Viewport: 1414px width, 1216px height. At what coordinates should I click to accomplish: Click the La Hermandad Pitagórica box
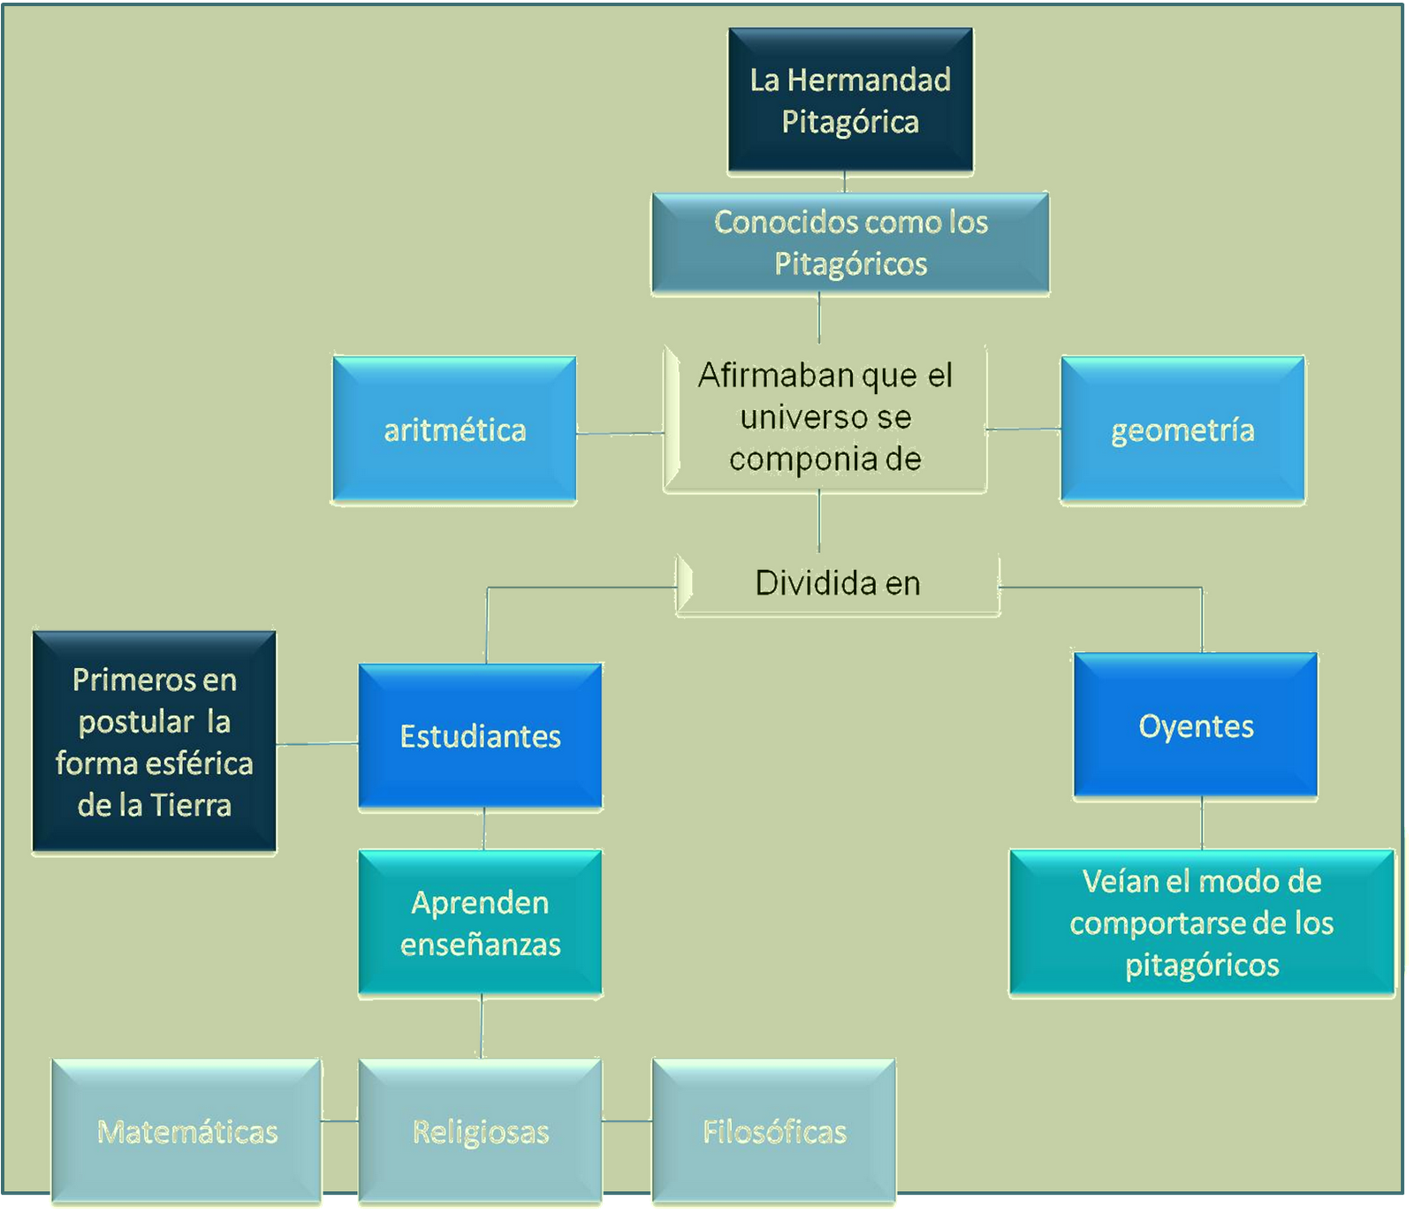pyautogui.click(x=850, y=100)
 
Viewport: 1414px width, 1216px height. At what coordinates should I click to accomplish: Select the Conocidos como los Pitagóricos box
pyautogui.click(x=850, y=243)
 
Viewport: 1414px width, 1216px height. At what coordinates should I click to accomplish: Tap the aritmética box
pyautogui.click(x=454, y=430)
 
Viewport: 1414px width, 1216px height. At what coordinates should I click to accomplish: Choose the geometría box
pyautogui.click(x=1182, y=430)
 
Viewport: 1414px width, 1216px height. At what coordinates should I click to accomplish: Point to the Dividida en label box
pyautogui.click(x=838, y=584)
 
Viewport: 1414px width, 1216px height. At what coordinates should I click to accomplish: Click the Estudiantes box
pyautogui.click(x=480, y=736)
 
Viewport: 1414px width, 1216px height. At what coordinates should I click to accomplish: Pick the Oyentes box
pyautogui.click(x=1196, y=726)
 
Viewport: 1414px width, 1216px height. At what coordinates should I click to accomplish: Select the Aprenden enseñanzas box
pyautogui.click(x=480, y=923)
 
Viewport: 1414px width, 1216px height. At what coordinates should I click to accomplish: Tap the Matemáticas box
pyautogui.click(x=186, y=1132)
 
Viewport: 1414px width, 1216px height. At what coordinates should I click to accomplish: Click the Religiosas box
pyautogui.click(x=480, y=1132)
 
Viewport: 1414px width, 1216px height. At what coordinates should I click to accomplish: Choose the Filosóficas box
pyautogui.click(x=774, y=1132)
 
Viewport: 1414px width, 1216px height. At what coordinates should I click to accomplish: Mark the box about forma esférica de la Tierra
pyautogui.click(x=155, y=741)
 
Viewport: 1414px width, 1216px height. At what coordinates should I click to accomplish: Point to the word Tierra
pyautogui.click(x=190, y=805)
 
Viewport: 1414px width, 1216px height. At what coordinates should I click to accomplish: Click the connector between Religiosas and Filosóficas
pyautogui.click(x=627, y=1121)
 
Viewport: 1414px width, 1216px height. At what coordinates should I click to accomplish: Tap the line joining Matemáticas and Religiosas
pyautogui.click(x=339, y=1121)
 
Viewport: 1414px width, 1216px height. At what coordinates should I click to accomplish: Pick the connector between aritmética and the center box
pyautogui.click(x=620, y=433)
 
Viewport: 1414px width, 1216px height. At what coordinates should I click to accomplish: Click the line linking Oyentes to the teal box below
pyautogui.click(x=1202, y=825)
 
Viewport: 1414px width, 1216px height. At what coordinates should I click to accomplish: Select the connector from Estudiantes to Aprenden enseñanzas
pyautogui.click(x=483, y=830)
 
